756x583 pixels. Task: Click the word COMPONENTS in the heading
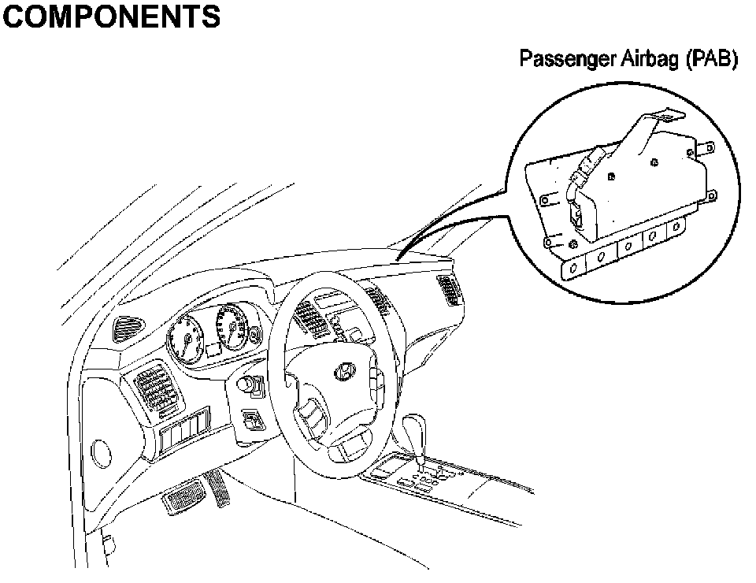(110, 17)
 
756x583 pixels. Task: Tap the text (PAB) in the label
(713, 61)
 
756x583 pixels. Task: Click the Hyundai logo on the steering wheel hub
(344, 372)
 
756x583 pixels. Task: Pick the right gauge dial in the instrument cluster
(233, 326)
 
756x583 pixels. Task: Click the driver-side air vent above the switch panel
(157, 392)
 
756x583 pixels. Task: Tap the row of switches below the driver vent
(183, 436)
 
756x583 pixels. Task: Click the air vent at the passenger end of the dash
(450, 290)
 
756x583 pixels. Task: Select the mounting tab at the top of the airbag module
(661, 119)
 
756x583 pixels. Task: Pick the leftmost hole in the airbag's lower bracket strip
(573, 268)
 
